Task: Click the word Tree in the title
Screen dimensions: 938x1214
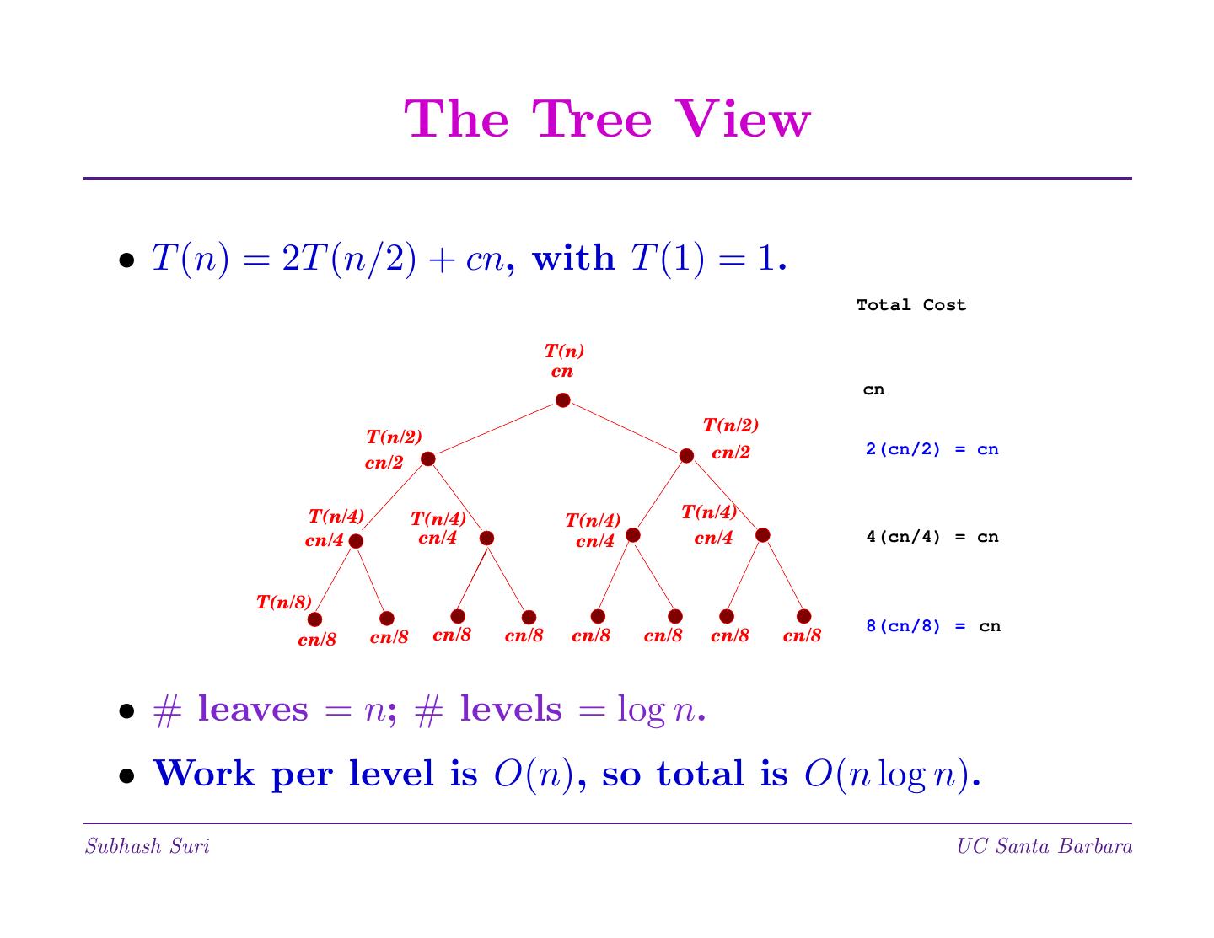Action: click(593, 119)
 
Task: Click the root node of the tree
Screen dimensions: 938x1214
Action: click(562, 400)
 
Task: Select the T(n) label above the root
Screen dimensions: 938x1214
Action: click(563, 351)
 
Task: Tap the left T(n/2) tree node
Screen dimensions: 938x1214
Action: click(427, 458)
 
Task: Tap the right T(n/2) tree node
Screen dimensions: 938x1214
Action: click(686, 456)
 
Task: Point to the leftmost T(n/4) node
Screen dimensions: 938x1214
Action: click(356, 541)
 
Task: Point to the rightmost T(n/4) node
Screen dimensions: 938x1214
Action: click(762, 535)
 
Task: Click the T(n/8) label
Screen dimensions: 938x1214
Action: click(284, 602)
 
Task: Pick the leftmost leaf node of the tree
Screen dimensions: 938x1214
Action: click(314, 619)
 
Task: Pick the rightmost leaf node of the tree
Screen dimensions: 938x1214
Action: click(803, 617)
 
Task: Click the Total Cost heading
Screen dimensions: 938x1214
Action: click(910, 305)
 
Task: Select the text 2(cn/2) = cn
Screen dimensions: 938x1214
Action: click(932, 449)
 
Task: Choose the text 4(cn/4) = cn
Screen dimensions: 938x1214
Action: click(932, 537)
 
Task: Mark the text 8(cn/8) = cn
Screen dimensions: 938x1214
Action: click(932, 626)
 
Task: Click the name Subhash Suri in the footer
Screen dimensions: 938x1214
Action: click(148, 846)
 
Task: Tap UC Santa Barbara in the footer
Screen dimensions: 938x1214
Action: click(1044, 846)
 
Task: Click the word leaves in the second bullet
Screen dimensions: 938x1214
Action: click(253, 709)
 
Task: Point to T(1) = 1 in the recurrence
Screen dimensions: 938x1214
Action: click(703, 258)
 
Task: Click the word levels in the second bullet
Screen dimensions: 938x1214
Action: click(510, 709)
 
